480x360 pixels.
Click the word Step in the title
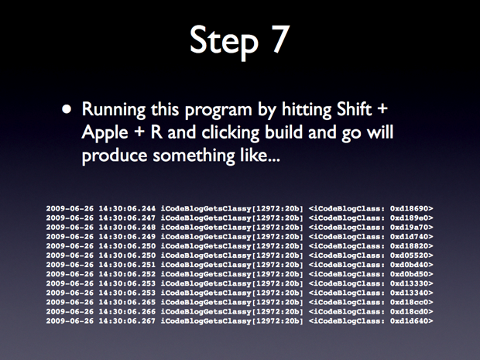224,42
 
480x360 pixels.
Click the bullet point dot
67,110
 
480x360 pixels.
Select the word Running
114,110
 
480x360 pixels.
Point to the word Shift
354,108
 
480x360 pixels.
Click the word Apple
105,133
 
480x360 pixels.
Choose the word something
194,156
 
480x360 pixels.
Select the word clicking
230,133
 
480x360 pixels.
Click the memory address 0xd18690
409,208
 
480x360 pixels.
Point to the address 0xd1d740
409,237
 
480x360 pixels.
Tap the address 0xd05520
409,255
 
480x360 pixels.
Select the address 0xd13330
409,283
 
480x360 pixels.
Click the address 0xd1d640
409,321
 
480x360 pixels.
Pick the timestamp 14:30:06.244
127,208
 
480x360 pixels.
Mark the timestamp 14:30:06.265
127,302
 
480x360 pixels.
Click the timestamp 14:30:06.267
127,321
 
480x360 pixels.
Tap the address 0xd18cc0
409,302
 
